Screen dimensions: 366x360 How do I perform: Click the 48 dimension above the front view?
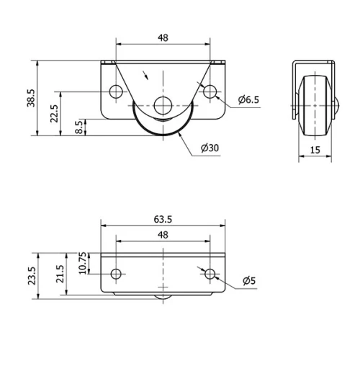(163, 37)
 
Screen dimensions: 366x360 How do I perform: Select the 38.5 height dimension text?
(31, 98)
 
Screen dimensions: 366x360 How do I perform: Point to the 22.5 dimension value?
(55, 113)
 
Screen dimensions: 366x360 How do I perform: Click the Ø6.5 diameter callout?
(248, 99)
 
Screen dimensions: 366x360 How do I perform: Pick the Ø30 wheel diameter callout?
(210, 148)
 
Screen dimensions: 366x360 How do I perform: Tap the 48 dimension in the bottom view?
(163, 236)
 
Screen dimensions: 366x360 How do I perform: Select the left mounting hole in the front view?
(115, 91)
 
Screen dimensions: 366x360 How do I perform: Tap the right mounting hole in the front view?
(210, 91)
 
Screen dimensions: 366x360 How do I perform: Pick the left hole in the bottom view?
(115, 274)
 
